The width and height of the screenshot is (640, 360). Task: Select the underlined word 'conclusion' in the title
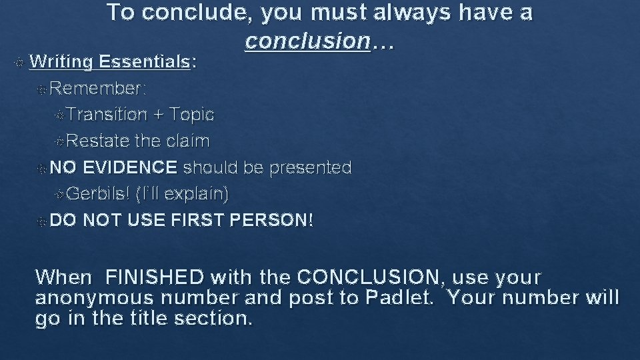tap(307, 41)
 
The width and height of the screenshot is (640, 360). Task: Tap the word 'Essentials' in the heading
tap(146, 62)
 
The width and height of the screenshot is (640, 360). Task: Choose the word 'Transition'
tap(107, 115)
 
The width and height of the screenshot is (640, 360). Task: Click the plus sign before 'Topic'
tap(158, 115)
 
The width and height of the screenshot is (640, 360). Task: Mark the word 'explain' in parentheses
tap(195, 194)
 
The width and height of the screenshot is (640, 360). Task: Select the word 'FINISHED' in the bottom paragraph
tap(155, 277)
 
